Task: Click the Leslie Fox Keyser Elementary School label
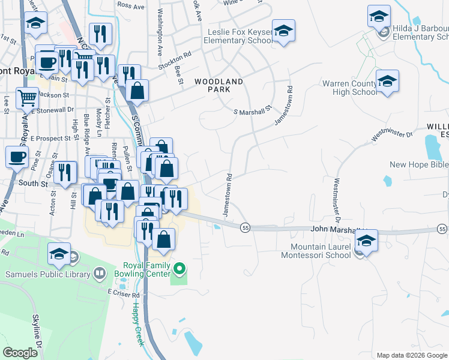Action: click(238, 36)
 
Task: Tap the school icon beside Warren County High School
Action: click(387, 82)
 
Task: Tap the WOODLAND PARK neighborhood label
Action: click(218, 85)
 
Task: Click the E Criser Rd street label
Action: click(123, 294)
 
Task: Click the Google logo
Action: click(20, 353)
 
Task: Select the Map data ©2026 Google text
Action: click(412, 355)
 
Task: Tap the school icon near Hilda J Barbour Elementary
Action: click(379, 17)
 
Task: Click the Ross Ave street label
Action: click(131, 5)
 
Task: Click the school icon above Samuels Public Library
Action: click(59, 254)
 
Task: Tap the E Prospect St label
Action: click(46, 139)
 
